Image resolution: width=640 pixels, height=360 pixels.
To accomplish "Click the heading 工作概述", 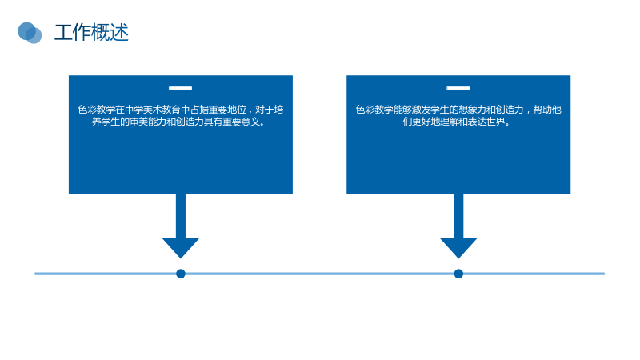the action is click(x=91, y=33).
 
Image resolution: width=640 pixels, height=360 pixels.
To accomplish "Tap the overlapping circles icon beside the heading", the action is click(x=30, y=33).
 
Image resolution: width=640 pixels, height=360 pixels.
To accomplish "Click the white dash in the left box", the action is click(x=181, y=88).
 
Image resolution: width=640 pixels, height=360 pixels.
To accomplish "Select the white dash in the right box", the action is click(x=458, y=88).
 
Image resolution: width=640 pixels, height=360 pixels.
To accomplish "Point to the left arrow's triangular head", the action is click(x=181, y=247).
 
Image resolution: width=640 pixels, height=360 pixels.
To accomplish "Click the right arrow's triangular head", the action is click(x=458, y=247).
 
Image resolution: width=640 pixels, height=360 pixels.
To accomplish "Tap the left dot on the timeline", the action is click(x=181, y=274).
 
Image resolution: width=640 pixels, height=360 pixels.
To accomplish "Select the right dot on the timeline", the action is click(x=458, y=274).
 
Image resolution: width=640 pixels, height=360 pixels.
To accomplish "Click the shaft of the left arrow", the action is click(x=181, y=216).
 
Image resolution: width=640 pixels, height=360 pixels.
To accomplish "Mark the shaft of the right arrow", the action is click(x=458, y=216).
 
